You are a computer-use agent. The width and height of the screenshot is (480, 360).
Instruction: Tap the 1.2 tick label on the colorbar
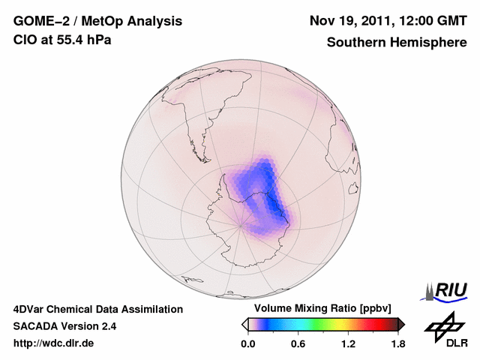(x=347, y=344)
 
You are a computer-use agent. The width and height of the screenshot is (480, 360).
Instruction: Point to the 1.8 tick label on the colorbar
(x=397, y=344)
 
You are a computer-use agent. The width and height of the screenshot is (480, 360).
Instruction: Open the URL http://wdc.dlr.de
(x=54, y=343)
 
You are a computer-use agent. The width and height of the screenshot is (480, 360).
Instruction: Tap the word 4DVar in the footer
(x=31, y=309)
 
